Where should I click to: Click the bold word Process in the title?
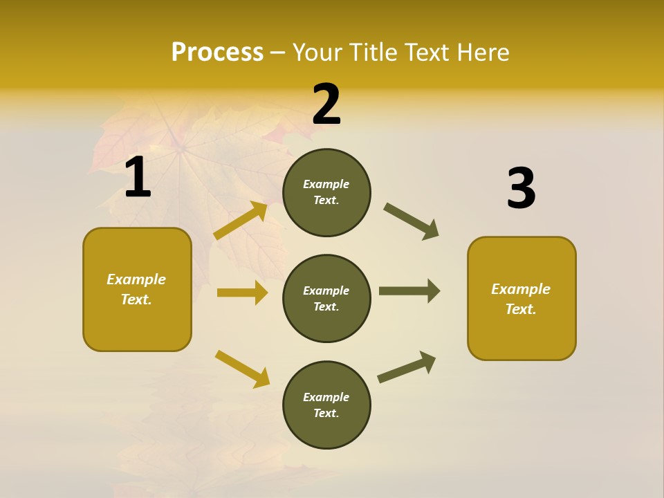pos(217,52)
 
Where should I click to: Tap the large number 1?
pos(138,177)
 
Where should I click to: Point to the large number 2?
pos(326,104)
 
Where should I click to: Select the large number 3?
pos(521,188)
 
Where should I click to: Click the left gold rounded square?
pos(137,289)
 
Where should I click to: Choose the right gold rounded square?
pos(522,298)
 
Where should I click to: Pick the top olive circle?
pos(326,192)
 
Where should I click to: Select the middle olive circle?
pos(326,298)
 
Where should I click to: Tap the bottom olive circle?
pos(326,405)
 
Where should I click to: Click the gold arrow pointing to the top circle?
pos(241,221)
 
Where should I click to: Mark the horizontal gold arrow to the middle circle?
pos(242,293)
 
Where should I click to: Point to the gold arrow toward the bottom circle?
pos(242,369)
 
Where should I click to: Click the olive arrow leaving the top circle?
pos(412,221)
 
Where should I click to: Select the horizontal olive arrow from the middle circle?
pos(409,290)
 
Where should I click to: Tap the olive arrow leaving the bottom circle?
pos(407,367)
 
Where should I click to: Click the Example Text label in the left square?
pos(136,289)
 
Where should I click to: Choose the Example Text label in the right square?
pos(521,299)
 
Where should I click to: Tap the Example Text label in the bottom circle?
pos(326,405)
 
